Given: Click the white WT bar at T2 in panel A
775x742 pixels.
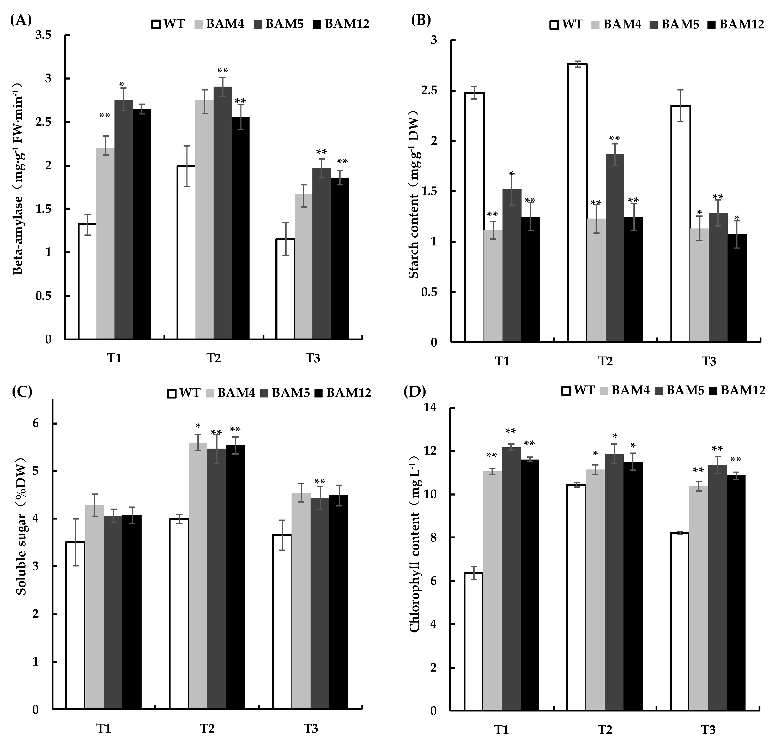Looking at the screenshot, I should coord(186,253).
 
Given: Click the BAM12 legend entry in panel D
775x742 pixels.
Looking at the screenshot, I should coord(738,390).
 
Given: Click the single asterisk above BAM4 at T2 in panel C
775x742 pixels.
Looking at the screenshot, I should coord(198,426).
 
